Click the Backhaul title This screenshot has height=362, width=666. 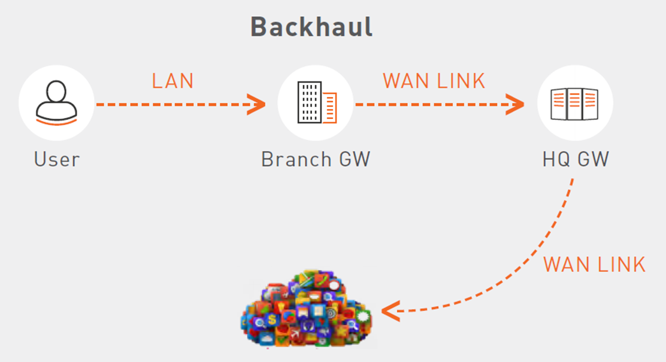(x=311, y=27)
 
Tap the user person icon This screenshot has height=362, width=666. (x=56, y=103)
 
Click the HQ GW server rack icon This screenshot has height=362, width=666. (x=575, y=103)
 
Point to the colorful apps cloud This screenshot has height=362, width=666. (x=307, y=309)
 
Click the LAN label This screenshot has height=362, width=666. (x=173, y=81)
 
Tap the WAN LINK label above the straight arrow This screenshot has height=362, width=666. (x=434, y=81)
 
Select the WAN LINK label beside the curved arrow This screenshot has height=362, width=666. (x=594, y=264)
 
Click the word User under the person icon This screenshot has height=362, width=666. (x=57, y=160)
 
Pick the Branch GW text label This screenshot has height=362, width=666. (x=316, y=160)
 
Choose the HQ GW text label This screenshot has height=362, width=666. (x=576, y=160)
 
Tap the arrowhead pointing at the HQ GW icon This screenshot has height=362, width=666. (x=515, y=104)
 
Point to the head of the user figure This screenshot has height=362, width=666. (x=56, y=91)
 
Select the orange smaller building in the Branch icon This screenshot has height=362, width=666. (x=329, y=107)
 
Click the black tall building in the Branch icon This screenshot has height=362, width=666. (x=309, y=103)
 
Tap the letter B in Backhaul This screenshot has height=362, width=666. (x=258, y=27)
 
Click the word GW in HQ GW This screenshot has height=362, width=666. (x=594, y=160)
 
